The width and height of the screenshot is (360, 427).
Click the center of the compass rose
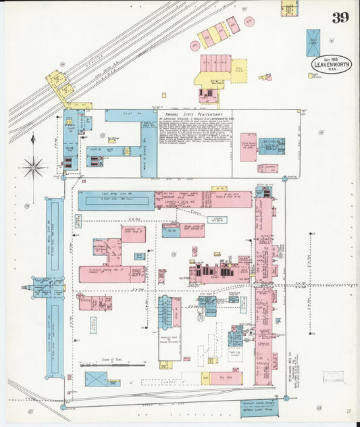point(33,166)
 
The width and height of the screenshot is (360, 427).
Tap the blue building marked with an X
point(97,378)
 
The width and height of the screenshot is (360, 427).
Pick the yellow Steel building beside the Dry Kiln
point(205,378)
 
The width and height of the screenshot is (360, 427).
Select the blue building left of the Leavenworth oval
point(313,42)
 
